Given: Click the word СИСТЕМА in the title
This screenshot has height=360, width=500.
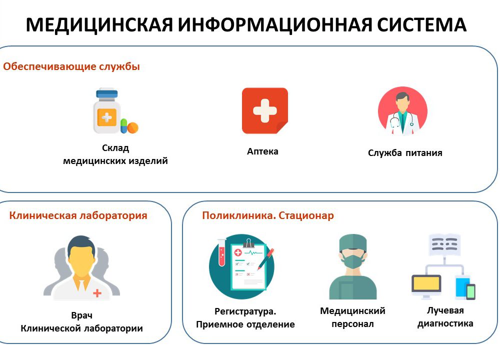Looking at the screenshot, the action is (421, 24).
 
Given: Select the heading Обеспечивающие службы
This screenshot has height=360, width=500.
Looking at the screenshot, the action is (71, 66).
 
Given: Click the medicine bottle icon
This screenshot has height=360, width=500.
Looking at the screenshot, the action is (107, 110).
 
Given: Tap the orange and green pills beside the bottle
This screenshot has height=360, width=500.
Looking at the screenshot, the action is (129, 126).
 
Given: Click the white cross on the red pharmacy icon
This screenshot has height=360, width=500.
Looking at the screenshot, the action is (264, 110).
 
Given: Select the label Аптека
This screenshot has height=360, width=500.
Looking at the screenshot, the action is (262, 151).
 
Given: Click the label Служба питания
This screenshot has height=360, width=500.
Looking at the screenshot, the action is (405, 152).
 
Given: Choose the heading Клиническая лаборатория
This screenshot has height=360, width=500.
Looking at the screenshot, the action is (78, 215).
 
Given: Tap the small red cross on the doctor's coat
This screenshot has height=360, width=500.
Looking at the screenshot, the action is (97, 292).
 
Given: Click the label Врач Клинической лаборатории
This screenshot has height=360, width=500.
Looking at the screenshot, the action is (81, 321).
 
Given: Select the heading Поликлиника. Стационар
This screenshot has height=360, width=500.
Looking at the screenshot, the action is (268, 215).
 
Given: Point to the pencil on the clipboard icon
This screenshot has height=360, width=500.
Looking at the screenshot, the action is (265, 259).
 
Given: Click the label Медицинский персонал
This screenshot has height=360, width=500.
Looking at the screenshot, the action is (352, 317).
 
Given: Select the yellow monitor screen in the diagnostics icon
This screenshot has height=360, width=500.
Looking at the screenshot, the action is (426, 283).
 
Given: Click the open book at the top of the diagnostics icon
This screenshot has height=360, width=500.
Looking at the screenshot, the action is (444, 244).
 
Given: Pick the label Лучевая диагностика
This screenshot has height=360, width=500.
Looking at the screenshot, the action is (445, 317).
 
